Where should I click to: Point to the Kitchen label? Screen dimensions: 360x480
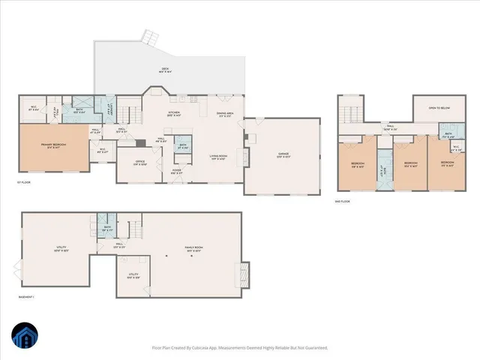174,114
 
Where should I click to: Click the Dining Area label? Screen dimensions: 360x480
225,115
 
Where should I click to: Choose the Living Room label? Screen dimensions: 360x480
218,157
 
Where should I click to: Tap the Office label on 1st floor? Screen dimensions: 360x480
139,163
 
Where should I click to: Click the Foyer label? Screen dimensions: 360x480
176,171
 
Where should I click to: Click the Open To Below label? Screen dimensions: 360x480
439,107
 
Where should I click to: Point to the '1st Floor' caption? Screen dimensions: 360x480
25,181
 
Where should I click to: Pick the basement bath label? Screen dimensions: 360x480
107,228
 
